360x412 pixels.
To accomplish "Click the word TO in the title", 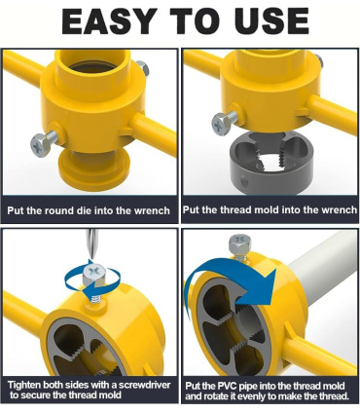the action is (191, 20).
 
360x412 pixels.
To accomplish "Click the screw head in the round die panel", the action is (40, 146).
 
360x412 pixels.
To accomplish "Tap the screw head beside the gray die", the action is (221, 125).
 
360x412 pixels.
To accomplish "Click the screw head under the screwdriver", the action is (94, 275).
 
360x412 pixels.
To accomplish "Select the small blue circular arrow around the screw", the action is (92, 281).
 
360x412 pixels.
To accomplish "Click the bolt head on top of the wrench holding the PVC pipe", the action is (240, 244).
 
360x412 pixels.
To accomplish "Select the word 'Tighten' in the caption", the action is (24, 386).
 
